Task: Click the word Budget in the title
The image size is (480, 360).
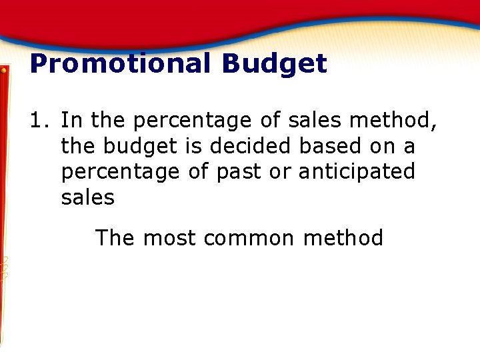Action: click(x=275, y=65)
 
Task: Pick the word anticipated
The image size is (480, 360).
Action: click(x=357, y=172)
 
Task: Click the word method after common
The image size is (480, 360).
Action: click(x=343, y=238)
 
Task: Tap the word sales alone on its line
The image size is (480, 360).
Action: click(x=87, y=197)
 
